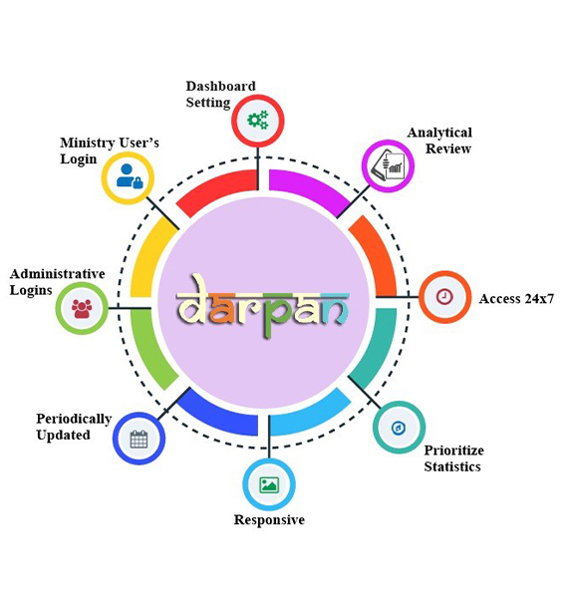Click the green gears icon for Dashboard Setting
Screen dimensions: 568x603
[x=258, y=121]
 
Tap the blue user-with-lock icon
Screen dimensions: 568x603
[x=130, y=176]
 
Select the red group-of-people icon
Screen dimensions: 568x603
[x=82, y=308]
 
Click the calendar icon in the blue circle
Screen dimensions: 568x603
[x=139, y=439]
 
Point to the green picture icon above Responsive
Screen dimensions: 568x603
[x=269, y=484]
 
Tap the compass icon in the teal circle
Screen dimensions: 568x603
[x=399, y=428]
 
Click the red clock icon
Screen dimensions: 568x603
[x=444, y=296]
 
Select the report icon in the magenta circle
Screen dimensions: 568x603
[x=388, y=165]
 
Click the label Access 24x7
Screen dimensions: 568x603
[x=516, y=299]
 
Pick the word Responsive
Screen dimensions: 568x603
[x=269, y=520]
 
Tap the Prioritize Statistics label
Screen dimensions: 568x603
[x=453, y=458]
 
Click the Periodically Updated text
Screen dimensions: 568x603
[x=74, y=427]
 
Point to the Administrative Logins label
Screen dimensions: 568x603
[x=58, y=282]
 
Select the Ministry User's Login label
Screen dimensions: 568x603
[x=110, y=151]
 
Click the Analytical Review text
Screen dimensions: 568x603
[x=439, y=141]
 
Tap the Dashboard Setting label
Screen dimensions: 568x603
[x=221, y=95]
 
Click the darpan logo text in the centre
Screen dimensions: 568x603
[x=263, y=306]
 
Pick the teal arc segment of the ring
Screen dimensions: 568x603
[x=376, y=347]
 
